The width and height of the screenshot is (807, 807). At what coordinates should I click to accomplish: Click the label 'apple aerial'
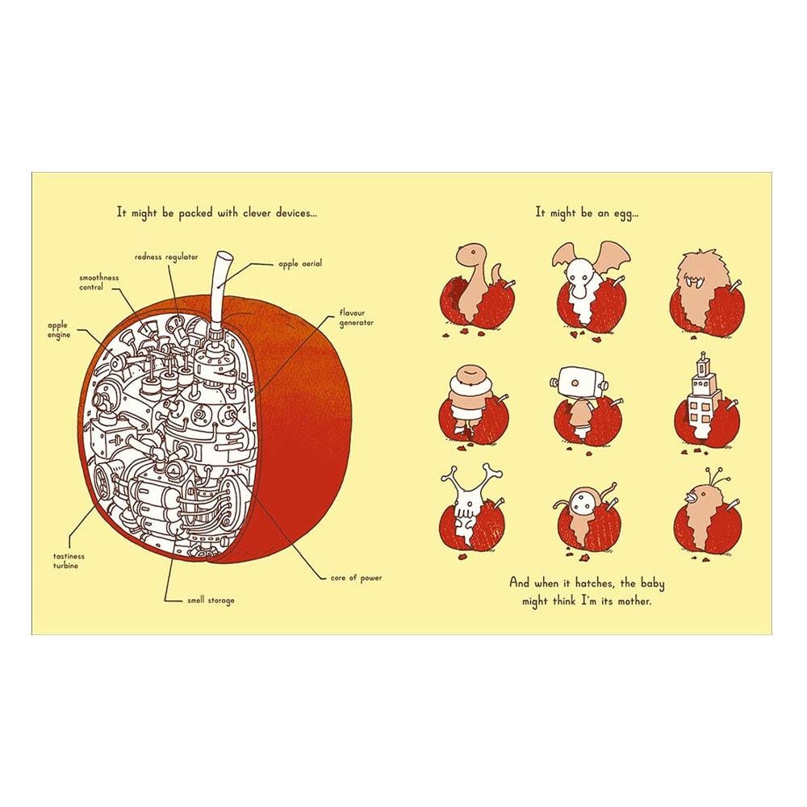pos(300,264)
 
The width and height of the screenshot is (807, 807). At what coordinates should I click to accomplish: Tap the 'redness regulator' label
pos(166,257)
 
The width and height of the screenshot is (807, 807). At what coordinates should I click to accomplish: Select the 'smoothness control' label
pos(98,282)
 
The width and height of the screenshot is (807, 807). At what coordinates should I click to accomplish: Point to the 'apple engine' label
pos(59,330)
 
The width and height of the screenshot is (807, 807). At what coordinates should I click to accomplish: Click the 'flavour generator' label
pos(356,318)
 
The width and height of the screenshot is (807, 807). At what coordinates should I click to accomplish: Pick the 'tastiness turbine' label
pos(69,561)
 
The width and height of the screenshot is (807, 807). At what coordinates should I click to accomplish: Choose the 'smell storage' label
pos(211,600)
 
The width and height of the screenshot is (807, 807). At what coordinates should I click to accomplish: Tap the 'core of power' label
pos(356,578)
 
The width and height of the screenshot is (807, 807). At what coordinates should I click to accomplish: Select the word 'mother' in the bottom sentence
pos(634,601)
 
